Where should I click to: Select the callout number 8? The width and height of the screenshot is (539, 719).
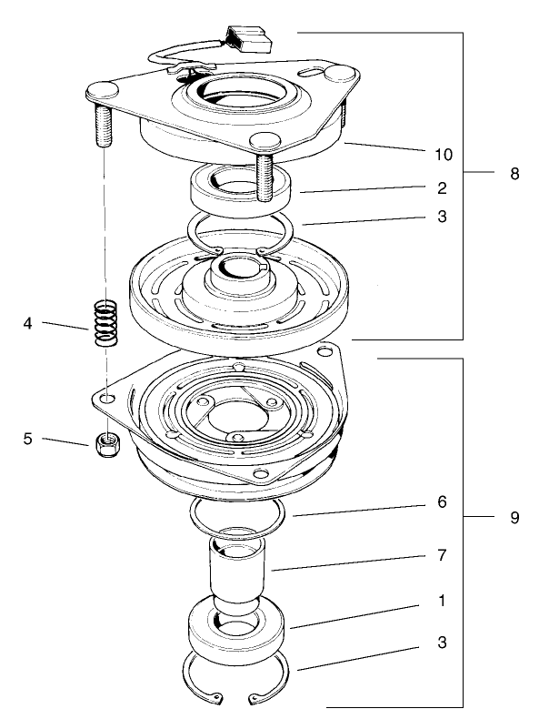pyautogui.click(x=514, y=173)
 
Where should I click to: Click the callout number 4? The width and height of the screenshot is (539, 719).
pyautogui.click(x=28, y=322)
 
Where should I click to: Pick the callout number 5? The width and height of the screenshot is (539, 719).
pyautogui.click(x=28, y=439)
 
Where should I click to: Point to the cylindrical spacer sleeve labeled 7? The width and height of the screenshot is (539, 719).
pyautogui.click(x=237, y=569)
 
